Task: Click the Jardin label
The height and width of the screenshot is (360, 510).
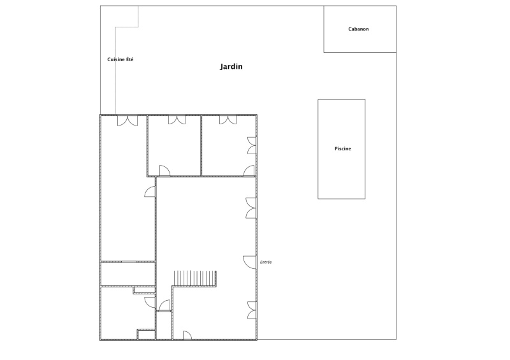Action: (231, 67)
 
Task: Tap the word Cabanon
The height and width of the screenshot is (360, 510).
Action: (358, 29)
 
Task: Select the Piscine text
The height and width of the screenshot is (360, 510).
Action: (343, 148)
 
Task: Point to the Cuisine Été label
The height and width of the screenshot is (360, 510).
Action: (120, 59)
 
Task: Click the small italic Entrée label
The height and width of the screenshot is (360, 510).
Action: (266, 262)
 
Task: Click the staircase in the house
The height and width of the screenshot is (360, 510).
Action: (195, 278)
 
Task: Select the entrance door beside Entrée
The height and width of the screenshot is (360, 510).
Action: (249, 262)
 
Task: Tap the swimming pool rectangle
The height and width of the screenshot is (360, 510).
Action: (342, 149)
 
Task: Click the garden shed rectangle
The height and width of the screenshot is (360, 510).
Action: (360, 29)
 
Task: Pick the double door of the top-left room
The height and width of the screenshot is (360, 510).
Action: (127, 120)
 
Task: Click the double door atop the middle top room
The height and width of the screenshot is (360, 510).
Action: (177, 120)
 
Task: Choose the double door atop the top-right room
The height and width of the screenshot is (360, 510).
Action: (228, 120)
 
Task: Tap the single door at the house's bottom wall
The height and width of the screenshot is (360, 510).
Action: (187, 335)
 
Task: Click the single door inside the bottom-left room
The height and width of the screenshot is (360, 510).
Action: (150, 302)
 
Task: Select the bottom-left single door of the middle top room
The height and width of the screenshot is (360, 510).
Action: (164, 170)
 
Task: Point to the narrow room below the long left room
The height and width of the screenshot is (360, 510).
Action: (127, 274)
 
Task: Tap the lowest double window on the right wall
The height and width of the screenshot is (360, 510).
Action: (252, 310)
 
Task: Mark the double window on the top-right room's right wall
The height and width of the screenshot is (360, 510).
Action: (252, 145)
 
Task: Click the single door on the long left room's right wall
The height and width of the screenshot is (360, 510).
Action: (150, 192)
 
